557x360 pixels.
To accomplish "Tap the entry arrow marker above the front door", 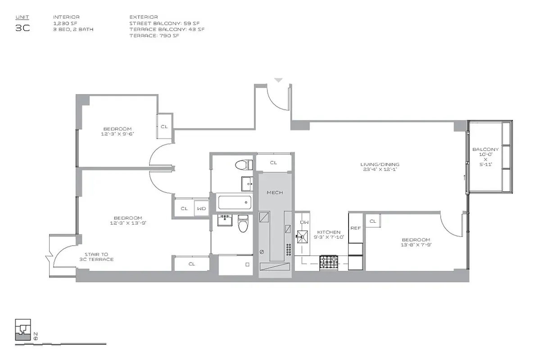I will [278, 81].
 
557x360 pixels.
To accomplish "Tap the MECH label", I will [275, 193].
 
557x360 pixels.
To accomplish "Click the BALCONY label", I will [485, 149].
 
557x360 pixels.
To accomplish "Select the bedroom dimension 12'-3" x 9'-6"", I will [117, 134].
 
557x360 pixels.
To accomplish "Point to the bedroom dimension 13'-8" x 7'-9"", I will [416, 245].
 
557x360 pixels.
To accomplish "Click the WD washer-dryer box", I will [201, 208].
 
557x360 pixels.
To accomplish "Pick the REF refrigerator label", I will [356, 228].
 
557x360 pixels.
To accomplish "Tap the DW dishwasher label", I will [304, 222].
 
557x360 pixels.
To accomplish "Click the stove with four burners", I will [329, 262].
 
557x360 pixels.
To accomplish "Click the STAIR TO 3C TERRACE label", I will [99, 257].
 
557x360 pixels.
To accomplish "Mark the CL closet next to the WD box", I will [184, 208].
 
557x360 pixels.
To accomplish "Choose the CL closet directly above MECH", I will [273, 162].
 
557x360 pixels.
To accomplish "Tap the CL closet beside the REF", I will [373, 221].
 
